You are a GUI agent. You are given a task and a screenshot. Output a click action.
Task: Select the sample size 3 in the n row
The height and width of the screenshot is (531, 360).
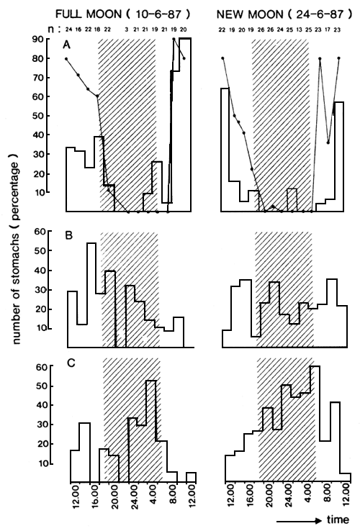tap(127, 29)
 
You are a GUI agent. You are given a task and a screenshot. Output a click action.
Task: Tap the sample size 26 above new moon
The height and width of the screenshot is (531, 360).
tap(261, 29)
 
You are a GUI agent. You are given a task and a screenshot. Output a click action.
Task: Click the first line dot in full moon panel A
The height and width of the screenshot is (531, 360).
tap(66, 58)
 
